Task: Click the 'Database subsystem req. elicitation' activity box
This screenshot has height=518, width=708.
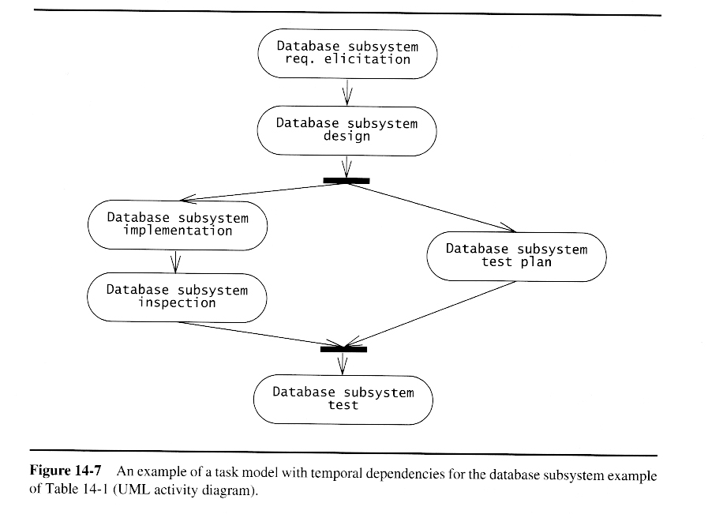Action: point(347,53)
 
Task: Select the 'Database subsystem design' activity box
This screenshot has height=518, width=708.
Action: point(347,130)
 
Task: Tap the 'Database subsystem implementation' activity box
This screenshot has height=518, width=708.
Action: point(178,225)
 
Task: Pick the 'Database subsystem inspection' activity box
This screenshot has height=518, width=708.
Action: point(178,296)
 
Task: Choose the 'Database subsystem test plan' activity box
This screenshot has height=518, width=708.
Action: point(516,256)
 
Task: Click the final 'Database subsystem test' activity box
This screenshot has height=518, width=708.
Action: point(343,399)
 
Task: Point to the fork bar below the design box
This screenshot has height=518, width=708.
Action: point(347,181)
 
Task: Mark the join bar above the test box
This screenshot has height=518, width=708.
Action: point(343,348)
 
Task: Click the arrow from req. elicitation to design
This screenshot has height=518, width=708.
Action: point(347,92)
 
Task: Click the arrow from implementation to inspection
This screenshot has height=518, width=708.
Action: point(177,260)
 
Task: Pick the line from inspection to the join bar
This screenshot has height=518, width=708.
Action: point(260,334)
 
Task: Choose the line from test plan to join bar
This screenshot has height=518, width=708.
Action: point(434,313)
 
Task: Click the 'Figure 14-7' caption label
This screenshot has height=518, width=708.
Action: point(66,471)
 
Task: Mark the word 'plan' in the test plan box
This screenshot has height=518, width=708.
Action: point(536,262)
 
